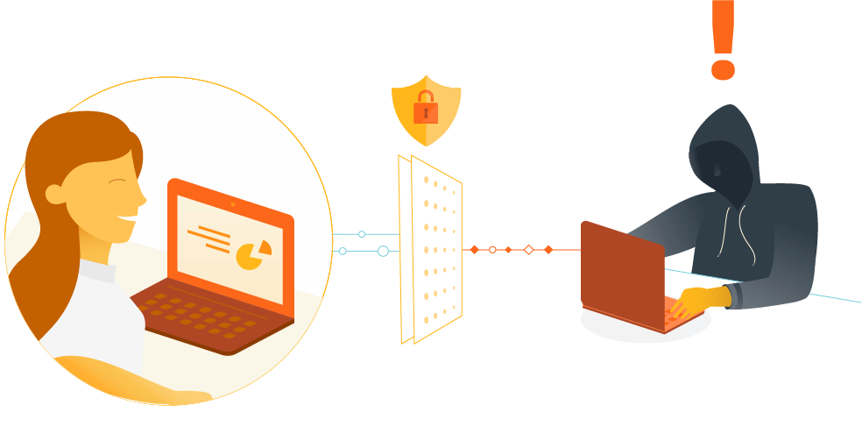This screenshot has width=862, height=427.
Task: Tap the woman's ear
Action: pyautogui.click(x=55, y=194)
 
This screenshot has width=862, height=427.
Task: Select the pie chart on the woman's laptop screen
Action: pyautogui.click(x=253, y=253)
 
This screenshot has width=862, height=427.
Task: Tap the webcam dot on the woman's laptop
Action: pyautogui.click(x=232, y=204)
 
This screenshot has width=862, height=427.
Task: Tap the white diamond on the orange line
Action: pyautogui.click(x=528, y=250)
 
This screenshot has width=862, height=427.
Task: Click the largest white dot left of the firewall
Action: pyautogui.click(x=383, y=251)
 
